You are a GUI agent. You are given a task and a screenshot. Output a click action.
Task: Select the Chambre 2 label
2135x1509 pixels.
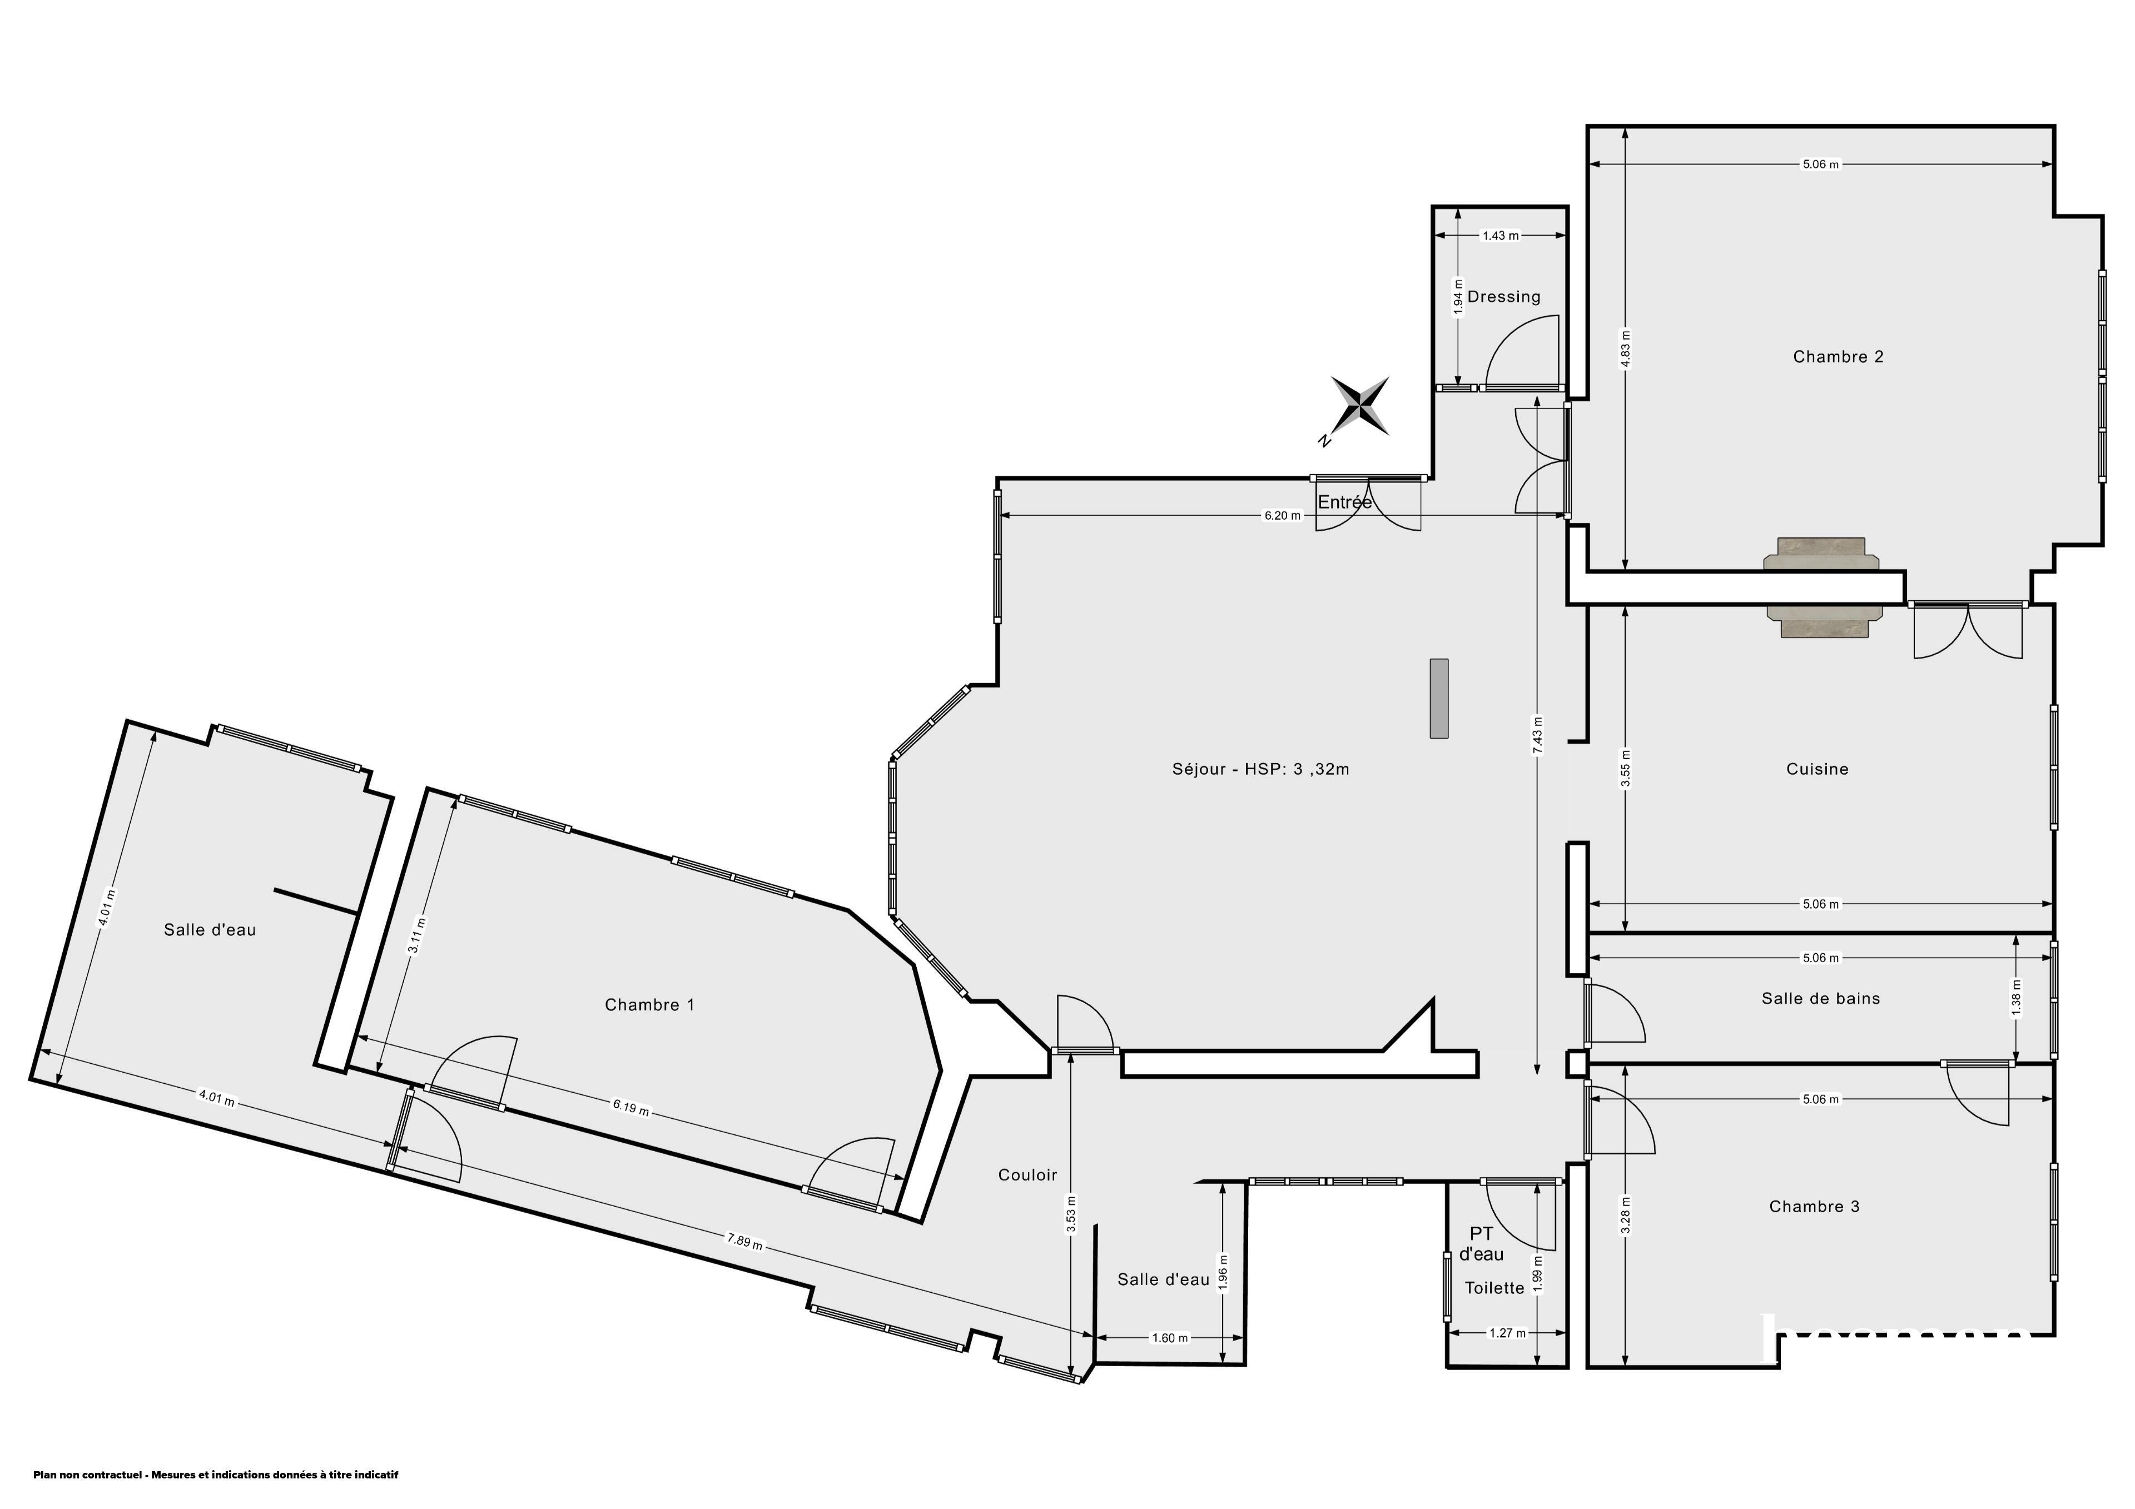tap(1838, 356)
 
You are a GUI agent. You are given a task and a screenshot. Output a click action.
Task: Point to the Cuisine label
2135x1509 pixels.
tap(1817, 769)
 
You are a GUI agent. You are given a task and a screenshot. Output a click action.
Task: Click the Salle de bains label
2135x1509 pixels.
tap(1821, 999)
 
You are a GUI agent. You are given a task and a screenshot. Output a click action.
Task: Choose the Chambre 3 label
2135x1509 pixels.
tap(1814, 1207)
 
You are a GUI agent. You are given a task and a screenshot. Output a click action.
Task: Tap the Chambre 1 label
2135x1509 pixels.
tap(649, 1004)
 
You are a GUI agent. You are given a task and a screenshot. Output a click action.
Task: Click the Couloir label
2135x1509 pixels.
tap(1027, 1175)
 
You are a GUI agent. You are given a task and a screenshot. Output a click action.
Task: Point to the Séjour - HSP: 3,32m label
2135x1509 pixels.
tap(1260, 769)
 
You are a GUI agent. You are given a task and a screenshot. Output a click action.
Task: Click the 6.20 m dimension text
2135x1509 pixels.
tap(1282, 516)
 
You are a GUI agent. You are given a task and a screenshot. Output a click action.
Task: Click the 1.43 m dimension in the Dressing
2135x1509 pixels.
tap(1500, 236)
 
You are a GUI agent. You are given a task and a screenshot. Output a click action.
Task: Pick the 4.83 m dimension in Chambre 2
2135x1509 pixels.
tap(1625, 350)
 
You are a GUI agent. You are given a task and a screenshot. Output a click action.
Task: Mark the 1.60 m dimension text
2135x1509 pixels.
tap(1170, 1338)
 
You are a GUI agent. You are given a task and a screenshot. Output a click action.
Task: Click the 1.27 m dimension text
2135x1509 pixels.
tap(1507, 1332)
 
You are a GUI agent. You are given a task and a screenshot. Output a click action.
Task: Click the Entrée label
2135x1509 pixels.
tap(1344, 502)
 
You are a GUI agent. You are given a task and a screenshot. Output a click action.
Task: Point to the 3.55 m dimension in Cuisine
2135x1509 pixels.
tap(1625, 769)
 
